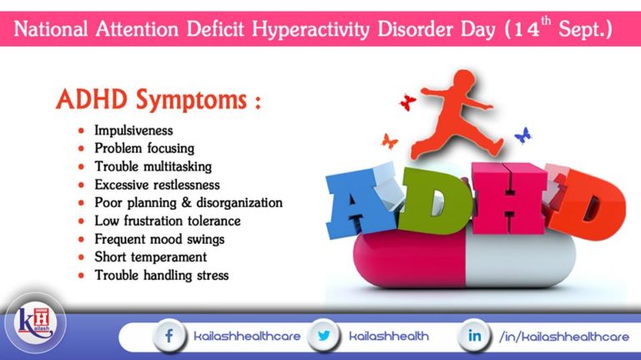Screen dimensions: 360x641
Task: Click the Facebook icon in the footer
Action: [x=169, y=336]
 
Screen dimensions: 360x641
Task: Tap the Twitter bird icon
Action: [x=324, y=336]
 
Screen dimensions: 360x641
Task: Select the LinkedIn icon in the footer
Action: [x=473, y=336]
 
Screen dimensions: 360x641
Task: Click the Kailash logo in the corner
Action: [x=33, y=323]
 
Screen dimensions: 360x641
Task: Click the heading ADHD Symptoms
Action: [x=159, y=101]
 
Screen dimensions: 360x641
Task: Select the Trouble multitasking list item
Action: [x=153, y=167]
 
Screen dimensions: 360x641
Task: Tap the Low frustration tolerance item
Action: [x=167, y=221]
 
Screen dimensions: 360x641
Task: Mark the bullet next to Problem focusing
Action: [x=81, y=149]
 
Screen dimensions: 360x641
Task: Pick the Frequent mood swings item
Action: [x=159, y=239]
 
